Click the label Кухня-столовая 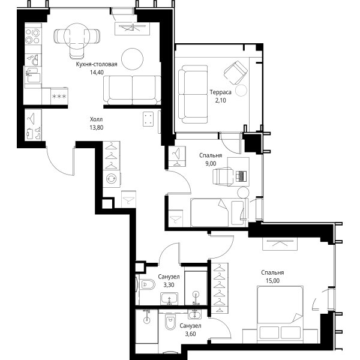(x=97, y=64)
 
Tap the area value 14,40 (x=97, y=73)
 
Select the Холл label (x=96, y=119)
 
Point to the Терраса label (x=220, y=92)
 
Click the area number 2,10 (x=220, y=100)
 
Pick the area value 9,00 (x=211, y=163)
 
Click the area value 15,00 (x=272, y=281)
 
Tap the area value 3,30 (x=169, y=285)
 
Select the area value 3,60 (x=190, y=334)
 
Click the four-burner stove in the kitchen (x=32, y=36)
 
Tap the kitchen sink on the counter (x=34, y=74)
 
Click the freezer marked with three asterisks (x=59, y=96)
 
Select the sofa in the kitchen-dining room (x=132, y=90)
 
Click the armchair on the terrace (x=236, y=73)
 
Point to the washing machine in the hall (x=112, y=179)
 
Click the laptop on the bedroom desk (x=241, y=176)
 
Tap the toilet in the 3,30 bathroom (x=147, y=284)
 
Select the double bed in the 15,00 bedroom (x=280, y=313)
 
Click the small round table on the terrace (x=241, y=90)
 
